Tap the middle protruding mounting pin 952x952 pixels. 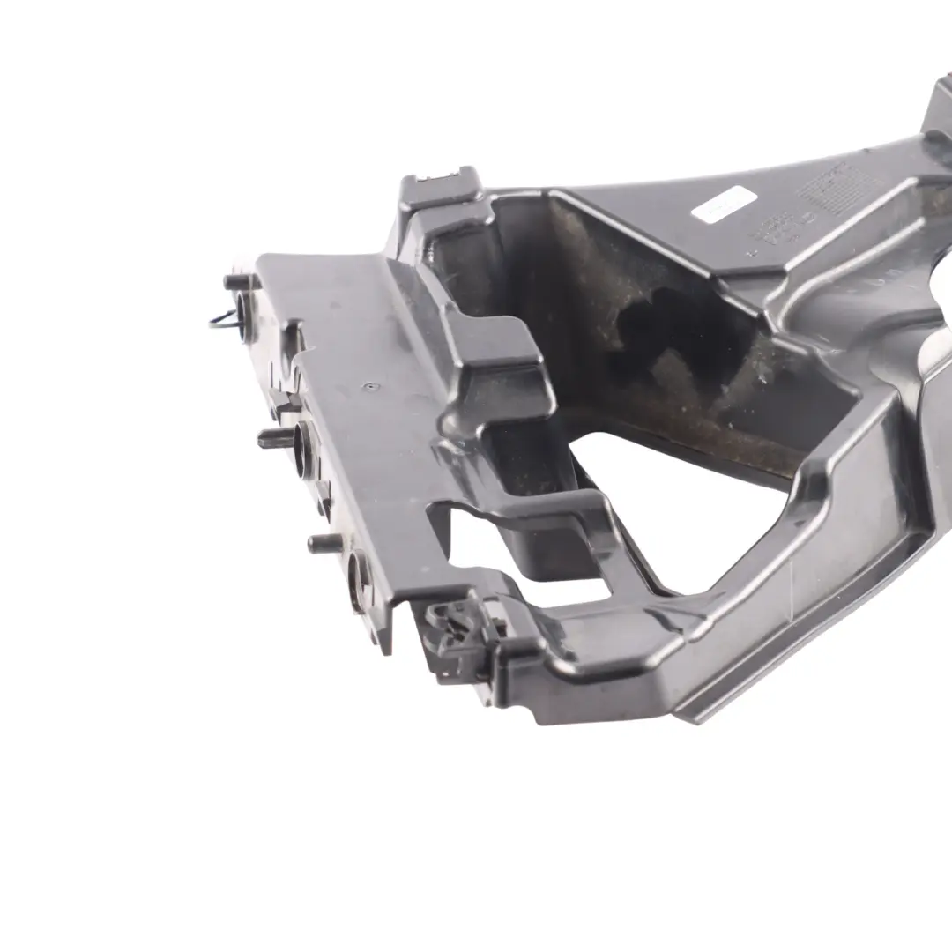click(x=276, y=438)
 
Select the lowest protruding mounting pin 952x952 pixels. click(x=324, y=543)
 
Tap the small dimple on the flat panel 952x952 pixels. click(x=371, y=385)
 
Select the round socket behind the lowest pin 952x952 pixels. click(x=359, y=578)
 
